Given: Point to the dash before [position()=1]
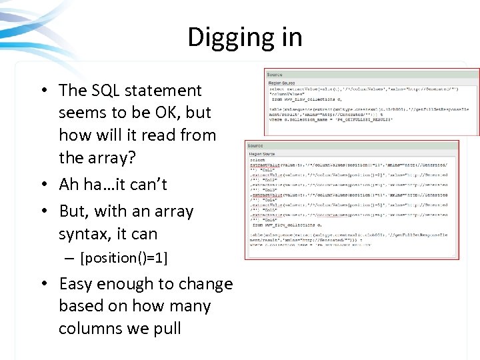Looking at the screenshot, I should tap(71, 258).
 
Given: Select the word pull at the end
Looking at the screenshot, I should tap(167, 329).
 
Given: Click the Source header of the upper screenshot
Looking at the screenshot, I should tap(275, 75).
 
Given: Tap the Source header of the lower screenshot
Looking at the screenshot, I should tap(255, 145).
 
